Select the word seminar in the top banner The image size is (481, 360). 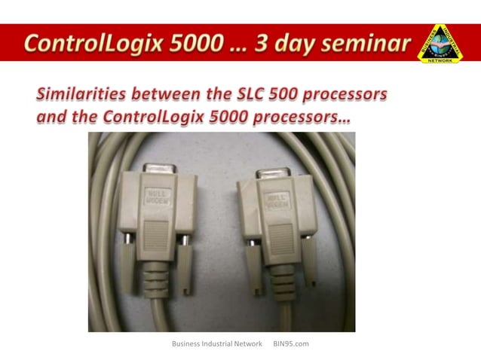tap(361, 43)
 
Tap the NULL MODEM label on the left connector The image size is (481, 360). tap(158, 195)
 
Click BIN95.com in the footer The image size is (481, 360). tap(291, 343)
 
